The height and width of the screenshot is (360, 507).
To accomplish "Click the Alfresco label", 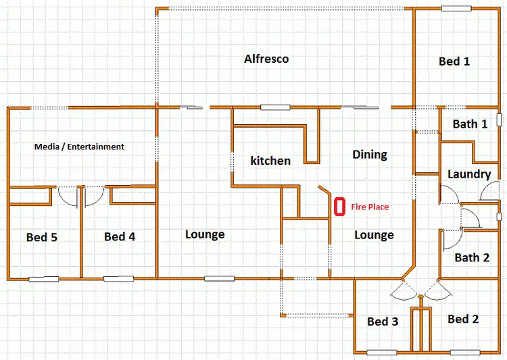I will (x=266, y=59).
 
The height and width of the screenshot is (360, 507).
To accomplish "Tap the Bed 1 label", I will (x=454, y=61).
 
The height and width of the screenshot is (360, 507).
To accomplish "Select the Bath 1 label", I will (x=470, y=124).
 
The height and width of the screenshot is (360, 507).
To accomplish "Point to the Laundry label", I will (x=469, y=174).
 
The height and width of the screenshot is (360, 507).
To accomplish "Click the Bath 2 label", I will (x=472, y=257).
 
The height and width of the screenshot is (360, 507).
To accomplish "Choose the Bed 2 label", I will (x=463, y=319).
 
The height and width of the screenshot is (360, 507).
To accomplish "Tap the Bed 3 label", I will (x=383, y=322).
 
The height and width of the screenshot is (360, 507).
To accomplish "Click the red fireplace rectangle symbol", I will (x=340, y=205).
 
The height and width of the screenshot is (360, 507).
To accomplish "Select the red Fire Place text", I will (x=370, y=207).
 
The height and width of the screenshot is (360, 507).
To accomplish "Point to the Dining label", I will (x=370, y=155).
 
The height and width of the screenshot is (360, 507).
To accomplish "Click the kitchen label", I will (x=270, y=161).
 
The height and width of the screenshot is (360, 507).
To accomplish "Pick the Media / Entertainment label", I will (x=80, y=147).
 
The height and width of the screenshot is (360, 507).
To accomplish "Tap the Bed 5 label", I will (x=42, y=237).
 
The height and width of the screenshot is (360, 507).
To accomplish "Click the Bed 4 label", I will (x=120, y=237).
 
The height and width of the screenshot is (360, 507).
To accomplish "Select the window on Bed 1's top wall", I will (x=457, y=8).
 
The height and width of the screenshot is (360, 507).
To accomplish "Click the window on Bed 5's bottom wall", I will (x=43, y=278).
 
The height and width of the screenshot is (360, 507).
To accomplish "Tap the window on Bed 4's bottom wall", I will (x=118, y=278).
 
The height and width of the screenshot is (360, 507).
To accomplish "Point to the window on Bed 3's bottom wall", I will (x=382, y=352).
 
